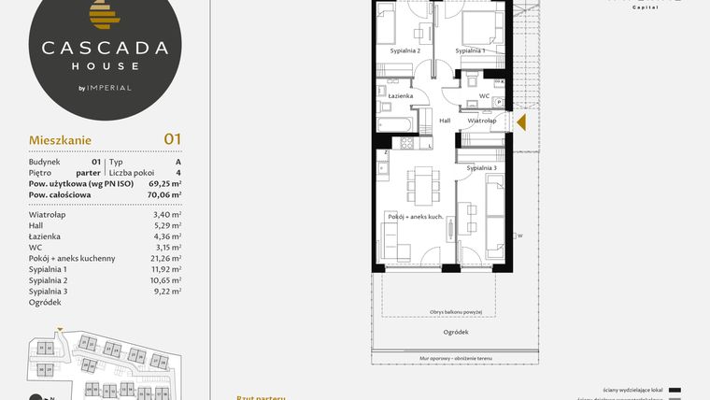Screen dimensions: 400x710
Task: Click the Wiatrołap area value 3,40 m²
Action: point(168,214)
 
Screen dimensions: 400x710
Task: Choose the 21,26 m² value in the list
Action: point(165,258)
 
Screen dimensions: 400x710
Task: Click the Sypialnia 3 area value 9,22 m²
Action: point(168,291)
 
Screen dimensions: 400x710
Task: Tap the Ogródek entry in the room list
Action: point(45,302)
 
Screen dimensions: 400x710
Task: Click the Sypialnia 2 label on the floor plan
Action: point(405,50)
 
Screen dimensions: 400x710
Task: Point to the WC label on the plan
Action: point(483,95)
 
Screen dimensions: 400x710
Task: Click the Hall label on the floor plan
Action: point(445,121)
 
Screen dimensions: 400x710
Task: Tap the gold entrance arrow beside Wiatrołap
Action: point(522,121)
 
